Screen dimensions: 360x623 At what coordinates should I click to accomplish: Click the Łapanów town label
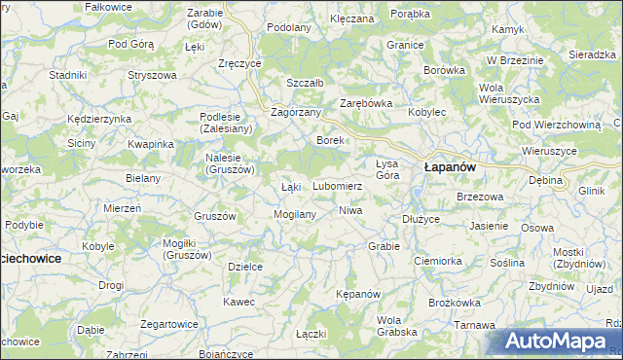pos(449,167)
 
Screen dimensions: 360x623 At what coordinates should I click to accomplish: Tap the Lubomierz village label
pos(338,185)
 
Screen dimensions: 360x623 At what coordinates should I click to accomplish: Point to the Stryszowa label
pos(152,74)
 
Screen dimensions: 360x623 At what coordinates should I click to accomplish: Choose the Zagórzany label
pos(296,112)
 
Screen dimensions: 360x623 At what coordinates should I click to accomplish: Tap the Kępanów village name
pos(356,293)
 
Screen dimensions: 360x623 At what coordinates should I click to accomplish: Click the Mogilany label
pos(296,213)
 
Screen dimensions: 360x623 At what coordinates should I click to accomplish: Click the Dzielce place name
pos(245,266)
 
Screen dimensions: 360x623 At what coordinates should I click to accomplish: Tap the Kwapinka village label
pos(150,144)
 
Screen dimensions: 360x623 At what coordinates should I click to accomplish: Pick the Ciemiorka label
pos(437,261)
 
